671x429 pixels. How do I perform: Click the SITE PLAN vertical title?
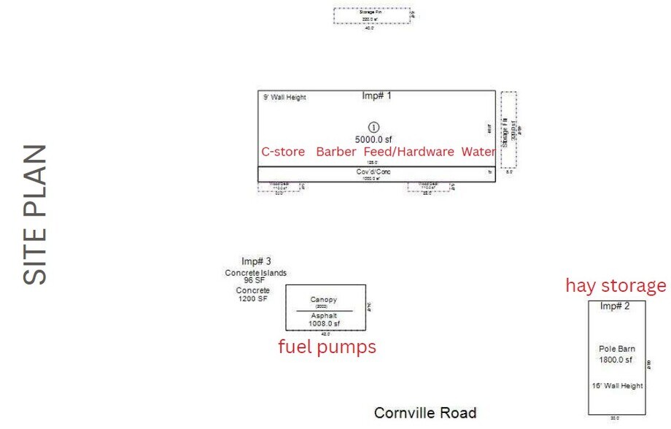(35, 214)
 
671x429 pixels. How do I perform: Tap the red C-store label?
(283, 152)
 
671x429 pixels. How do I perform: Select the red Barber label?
(336, 152)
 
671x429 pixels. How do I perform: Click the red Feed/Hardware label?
(408, 152)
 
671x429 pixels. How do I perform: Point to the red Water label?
(478, 152)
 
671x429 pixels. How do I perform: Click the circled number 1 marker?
(373, 126)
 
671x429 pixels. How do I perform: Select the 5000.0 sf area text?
(373, 139)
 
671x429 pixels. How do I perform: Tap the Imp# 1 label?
(377, 96)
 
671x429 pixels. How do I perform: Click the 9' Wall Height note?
(284, 97)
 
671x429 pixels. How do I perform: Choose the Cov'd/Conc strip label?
(373, 171)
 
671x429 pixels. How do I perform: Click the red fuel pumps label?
(327, 347)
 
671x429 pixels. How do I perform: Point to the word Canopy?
(324, 299)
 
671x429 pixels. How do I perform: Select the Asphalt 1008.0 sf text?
(324, 320)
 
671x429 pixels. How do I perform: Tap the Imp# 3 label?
(256, 261)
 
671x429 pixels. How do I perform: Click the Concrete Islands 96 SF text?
(256, 277)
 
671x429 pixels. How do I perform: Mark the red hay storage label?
(616, 285)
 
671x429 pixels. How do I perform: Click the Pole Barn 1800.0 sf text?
(617, 354)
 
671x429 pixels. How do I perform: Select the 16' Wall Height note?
(617, 385)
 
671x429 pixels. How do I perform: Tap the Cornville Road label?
(425, 413)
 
